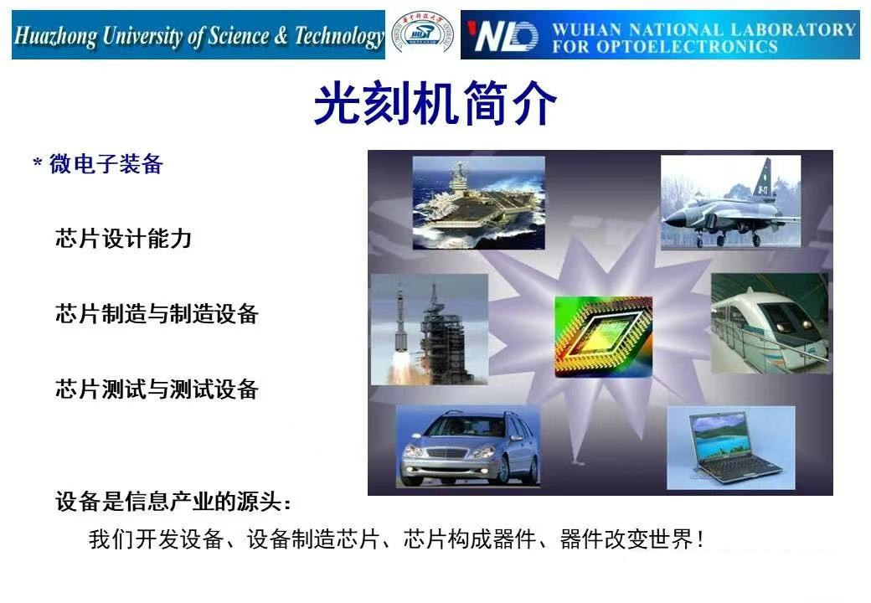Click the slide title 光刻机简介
point(435,105)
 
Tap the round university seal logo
point(422,35)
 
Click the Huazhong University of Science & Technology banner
point(198,36)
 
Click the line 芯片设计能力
point(124,239)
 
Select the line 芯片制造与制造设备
point(157,314)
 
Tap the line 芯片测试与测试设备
point(157,389)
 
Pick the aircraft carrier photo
point(478,203)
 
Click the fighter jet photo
point(730,202)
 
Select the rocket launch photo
point(429,329)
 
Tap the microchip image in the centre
point(603,336)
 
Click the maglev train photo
point(769,322)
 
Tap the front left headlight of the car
point(415,451)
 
